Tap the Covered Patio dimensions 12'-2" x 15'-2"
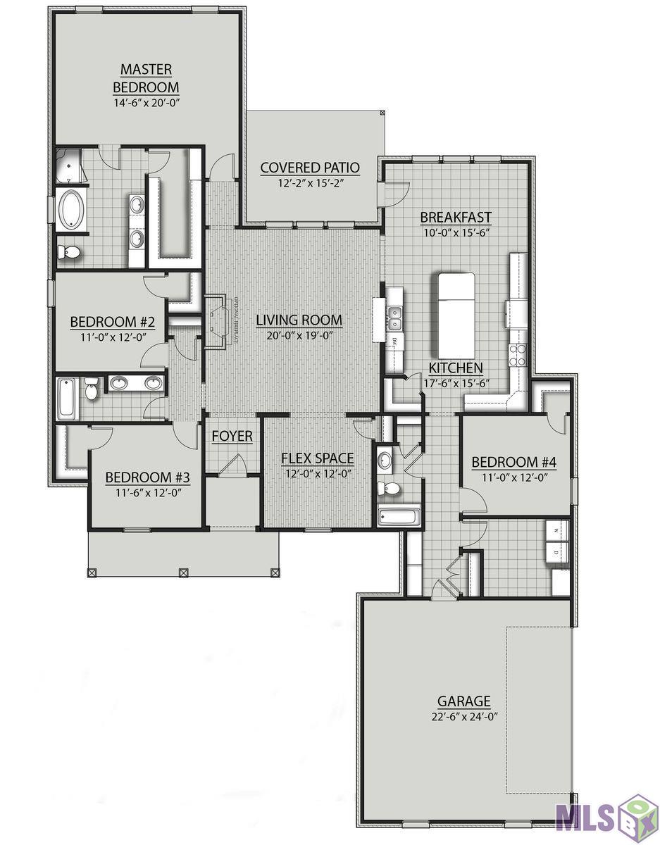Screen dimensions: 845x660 [310, 184]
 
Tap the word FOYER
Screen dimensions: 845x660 [232, 437]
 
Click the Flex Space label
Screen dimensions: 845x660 [317, 458]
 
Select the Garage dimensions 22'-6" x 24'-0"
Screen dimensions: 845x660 [463, 717]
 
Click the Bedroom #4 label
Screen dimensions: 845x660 [513, 463]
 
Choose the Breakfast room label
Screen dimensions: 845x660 [456, 217]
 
